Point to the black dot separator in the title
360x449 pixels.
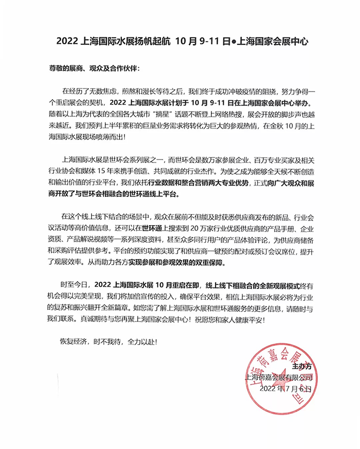point(231,41)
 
